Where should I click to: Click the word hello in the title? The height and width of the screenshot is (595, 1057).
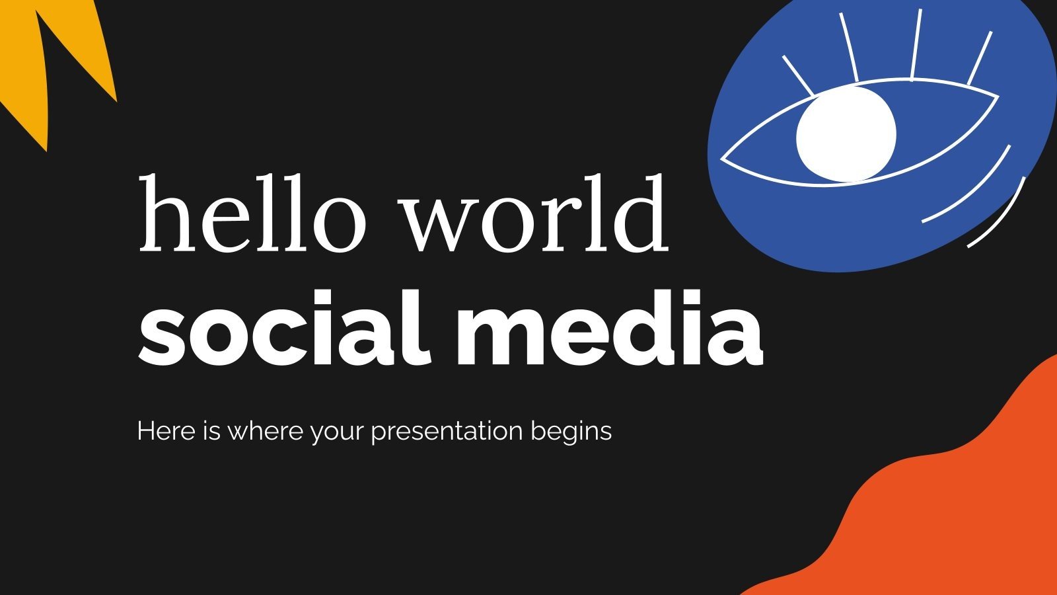[x=252, y=214]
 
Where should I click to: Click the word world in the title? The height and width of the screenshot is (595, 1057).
[x=535, y=214]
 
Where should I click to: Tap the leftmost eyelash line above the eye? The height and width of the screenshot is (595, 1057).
[x=798, y=75]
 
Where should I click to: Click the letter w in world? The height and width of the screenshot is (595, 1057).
[x=439, y=225]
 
